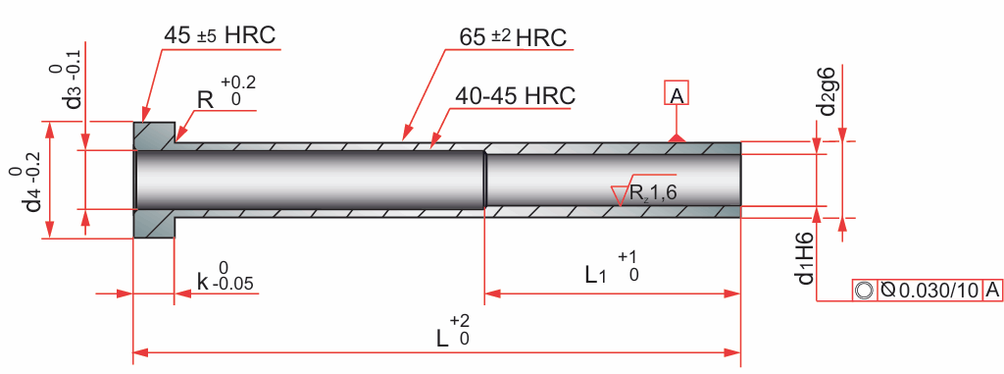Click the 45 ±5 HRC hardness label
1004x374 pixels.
[x=220, y=35]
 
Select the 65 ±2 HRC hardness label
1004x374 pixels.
[x=513, y=38]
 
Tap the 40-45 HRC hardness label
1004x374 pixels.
[x=516, y=95]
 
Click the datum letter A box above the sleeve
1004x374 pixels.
[x=677, y=95]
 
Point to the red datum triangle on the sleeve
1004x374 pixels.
[x=677, y=137]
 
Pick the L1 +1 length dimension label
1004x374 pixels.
[x=612, y=267]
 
